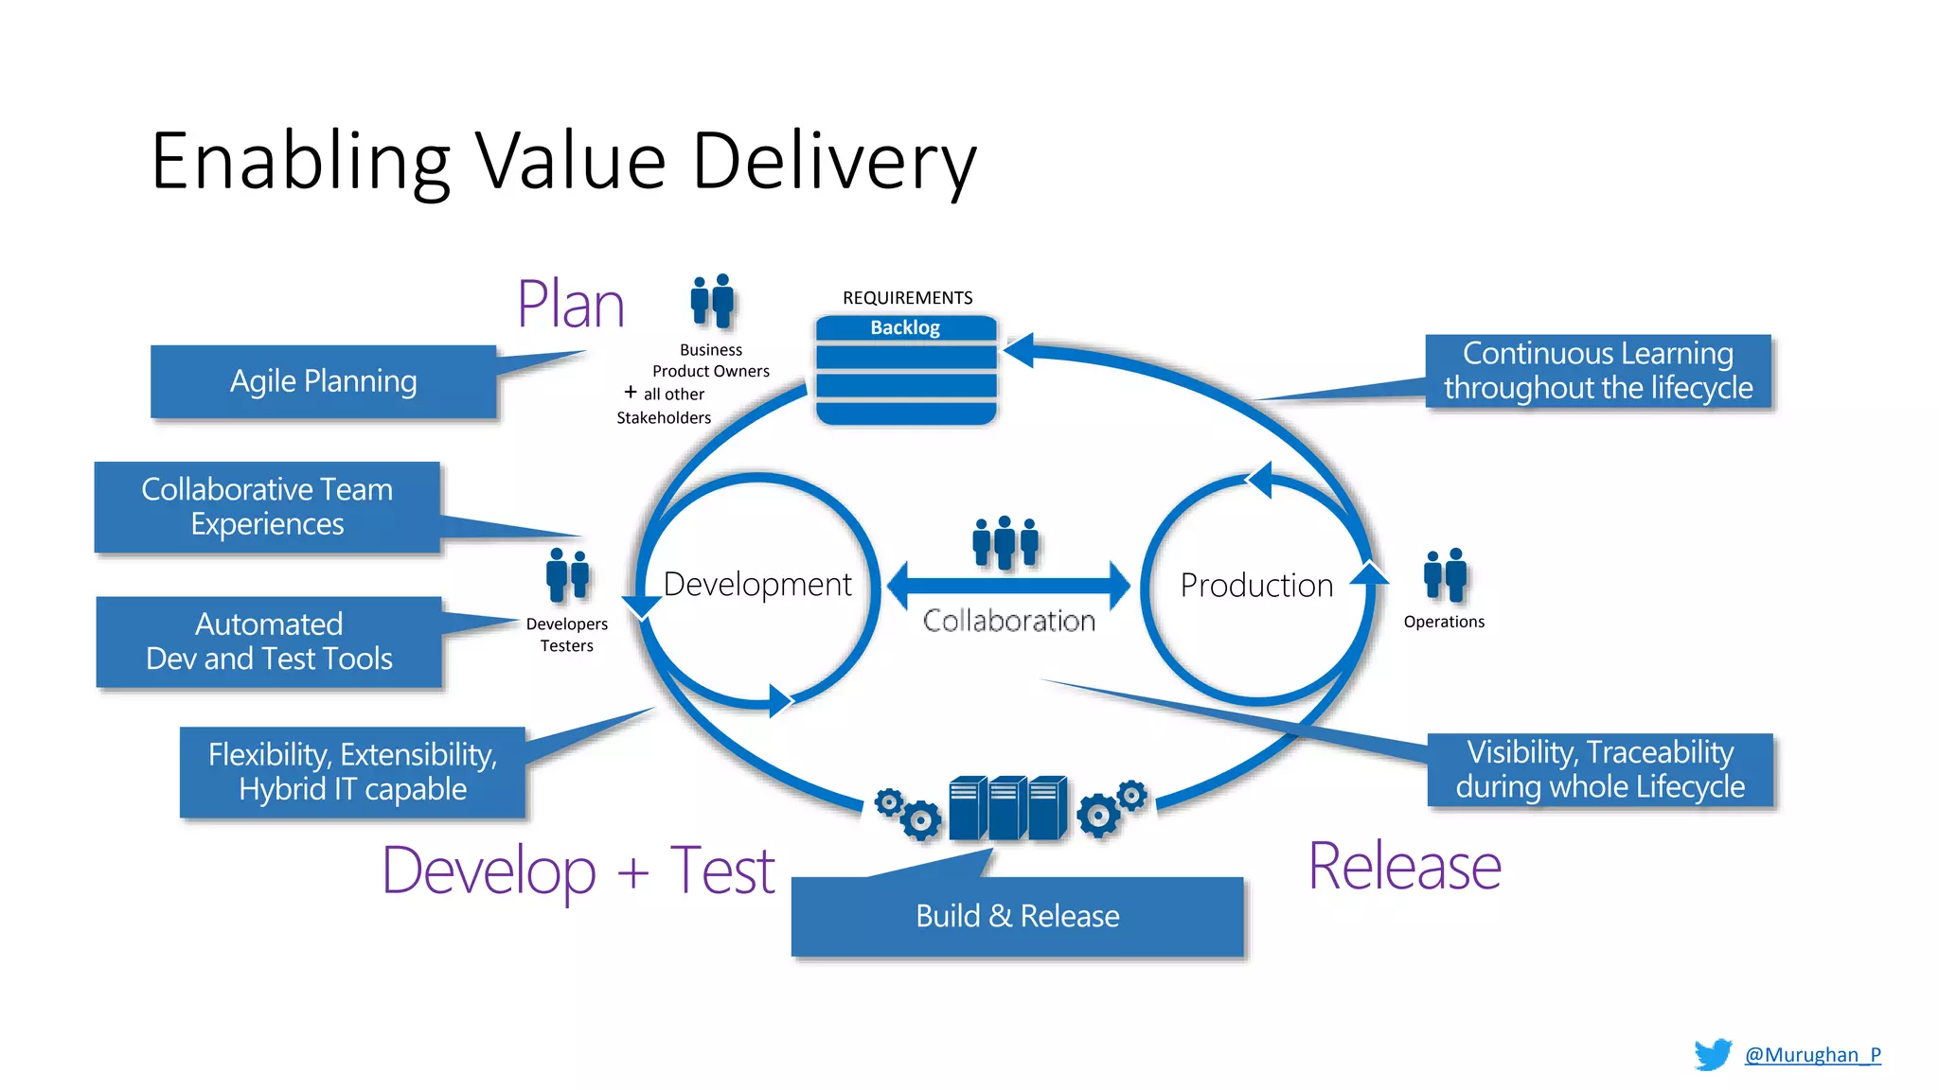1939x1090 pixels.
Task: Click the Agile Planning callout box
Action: point(323,381)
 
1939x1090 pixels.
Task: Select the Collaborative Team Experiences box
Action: point(267,507)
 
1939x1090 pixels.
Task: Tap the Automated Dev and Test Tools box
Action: point(269,642)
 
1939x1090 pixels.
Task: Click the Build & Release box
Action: point(1017,916)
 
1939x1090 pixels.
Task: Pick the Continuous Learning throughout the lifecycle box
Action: point(1598,371)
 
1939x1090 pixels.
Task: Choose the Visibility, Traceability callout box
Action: point(1600,769)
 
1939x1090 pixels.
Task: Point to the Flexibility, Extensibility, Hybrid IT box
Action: point(352,772)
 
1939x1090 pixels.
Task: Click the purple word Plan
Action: point(571,305)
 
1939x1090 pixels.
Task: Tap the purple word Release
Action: point(1404,867)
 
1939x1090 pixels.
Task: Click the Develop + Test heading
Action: point(578,870)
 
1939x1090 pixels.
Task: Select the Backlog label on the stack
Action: point(905,328)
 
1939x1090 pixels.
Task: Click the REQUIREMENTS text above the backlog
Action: point(907,298)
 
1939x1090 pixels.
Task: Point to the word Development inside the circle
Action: point(757,585)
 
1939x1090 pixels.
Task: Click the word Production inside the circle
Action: point(1256,586)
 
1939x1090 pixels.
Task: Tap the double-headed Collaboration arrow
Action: point(1008,586)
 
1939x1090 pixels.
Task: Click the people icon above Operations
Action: point(1445,574)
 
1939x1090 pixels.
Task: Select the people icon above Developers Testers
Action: point(567,573)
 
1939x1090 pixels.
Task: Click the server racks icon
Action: point(1007,808)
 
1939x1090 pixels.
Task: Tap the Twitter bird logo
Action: point(1713,1054)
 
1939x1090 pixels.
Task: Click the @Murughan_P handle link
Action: point(1812,1055)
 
